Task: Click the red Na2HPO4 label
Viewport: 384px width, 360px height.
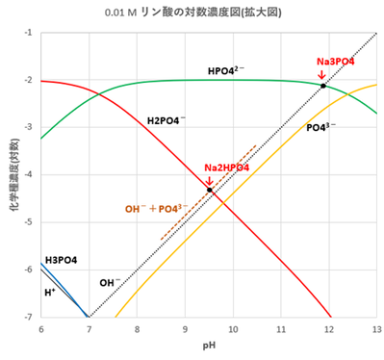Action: coord(227,167)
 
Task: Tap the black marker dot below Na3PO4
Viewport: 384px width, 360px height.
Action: coord(323,86)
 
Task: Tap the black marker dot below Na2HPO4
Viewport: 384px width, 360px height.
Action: coord(210,190)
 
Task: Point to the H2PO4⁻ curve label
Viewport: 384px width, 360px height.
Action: coord(167,121)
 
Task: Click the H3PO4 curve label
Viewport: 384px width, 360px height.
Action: coord(61,261)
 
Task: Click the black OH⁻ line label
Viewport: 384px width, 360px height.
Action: coord(111,283)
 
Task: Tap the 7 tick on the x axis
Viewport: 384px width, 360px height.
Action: coord(89,329)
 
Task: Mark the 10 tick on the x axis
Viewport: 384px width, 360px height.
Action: coord(232,329)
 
